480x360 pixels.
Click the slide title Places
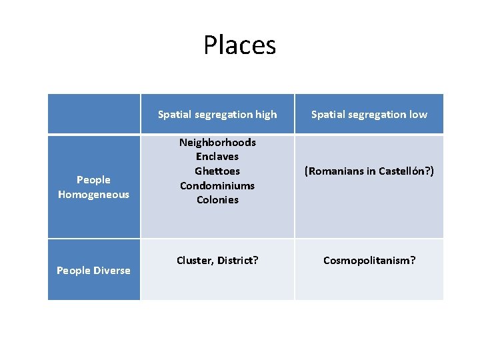[x=239, y=45]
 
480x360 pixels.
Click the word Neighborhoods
[x=217, y=142]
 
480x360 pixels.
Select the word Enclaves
[x=217, y=157]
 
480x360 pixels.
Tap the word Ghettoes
[x=217, y=171]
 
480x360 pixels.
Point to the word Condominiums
[x=217, y=185]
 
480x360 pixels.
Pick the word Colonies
[x=217, y=199]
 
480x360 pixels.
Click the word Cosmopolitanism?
[x=369, y=260]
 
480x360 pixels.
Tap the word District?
[x=237, y=260]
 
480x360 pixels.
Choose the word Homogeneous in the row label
[x=93, y=194]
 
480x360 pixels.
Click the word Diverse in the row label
[x=113, y=270]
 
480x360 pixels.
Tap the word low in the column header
[x=418, y=115]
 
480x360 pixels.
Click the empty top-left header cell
[x=94, y=114]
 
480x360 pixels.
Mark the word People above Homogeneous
[x=93, y=179]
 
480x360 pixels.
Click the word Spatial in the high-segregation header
[x=174, y=115]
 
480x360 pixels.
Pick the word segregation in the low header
[x=378, y=115]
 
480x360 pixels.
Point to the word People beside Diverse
[x=73, y=270]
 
